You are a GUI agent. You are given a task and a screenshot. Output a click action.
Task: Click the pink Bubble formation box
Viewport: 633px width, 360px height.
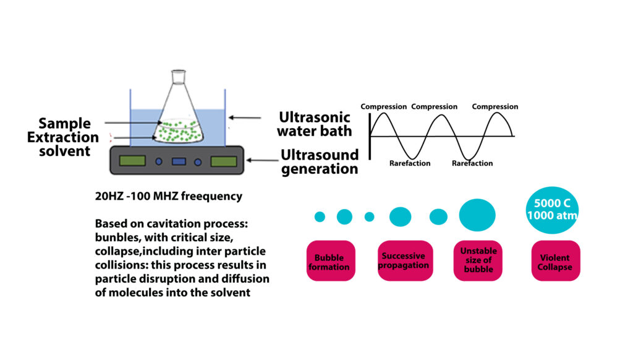331,260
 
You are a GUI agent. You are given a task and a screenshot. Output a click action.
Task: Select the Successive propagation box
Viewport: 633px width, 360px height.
405,260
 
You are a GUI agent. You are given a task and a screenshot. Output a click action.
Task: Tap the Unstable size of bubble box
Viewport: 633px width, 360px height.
478,260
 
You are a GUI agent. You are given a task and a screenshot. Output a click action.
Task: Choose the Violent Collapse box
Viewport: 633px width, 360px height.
556,260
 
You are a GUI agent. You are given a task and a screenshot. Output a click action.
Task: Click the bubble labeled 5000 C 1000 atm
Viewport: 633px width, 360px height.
552,210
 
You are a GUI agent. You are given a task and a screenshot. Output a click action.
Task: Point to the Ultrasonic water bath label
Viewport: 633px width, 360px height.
315,124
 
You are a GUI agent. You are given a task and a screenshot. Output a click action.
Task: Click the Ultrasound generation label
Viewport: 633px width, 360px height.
320,161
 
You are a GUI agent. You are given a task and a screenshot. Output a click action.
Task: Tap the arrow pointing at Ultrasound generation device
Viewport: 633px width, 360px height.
262,160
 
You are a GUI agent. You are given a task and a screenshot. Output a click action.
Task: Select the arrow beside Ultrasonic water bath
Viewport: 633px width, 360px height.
245,118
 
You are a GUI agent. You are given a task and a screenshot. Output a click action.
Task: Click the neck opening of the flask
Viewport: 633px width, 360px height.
179,72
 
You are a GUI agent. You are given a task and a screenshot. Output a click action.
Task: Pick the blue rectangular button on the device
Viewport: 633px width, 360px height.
179,161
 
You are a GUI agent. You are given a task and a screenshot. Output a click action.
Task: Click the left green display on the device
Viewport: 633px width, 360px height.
132,161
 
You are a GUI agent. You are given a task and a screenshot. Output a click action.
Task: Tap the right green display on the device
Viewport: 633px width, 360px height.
224,161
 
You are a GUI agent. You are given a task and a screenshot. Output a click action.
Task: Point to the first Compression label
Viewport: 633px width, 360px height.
383,106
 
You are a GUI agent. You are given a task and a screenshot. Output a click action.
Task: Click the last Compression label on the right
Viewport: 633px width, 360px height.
495,106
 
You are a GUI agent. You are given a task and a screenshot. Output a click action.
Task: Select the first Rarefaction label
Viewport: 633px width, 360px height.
410,163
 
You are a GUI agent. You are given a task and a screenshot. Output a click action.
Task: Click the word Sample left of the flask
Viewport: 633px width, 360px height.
64,123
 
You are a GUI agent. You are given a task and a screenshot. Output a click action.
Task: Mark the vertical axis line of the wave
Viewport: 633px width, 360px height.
370,137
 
